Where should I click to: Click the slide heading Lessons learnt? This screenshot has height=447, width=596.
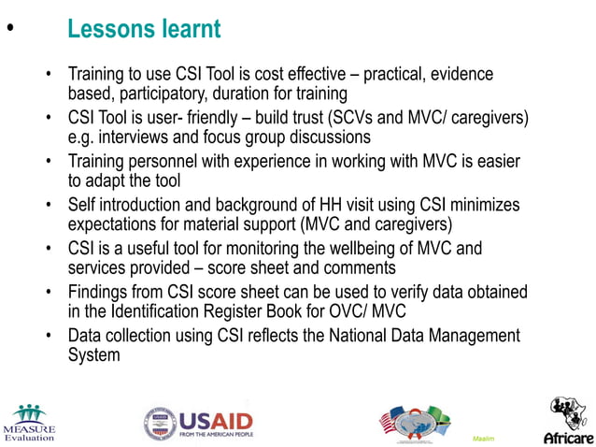(144, 29)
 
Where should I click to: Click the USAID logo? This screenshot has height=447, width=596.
(198, 424)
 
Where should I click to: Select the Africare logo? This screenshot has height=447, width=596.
(567, 422)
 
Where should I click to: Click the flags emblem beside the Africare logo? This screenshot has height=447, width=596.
(415, 423)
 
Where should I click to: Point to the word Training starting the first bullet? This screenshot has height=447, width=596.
(97, 74)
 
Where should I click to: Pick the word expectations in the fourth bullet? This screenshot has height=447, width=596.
(115, 225)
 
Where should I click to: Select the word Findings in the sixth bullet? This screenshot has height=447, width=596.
(100, 293)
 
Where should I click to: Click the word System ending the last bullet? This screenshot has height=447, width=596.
(94, 355)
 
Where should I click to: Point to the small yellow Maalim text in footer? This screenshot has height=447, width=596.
(484, 438)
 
